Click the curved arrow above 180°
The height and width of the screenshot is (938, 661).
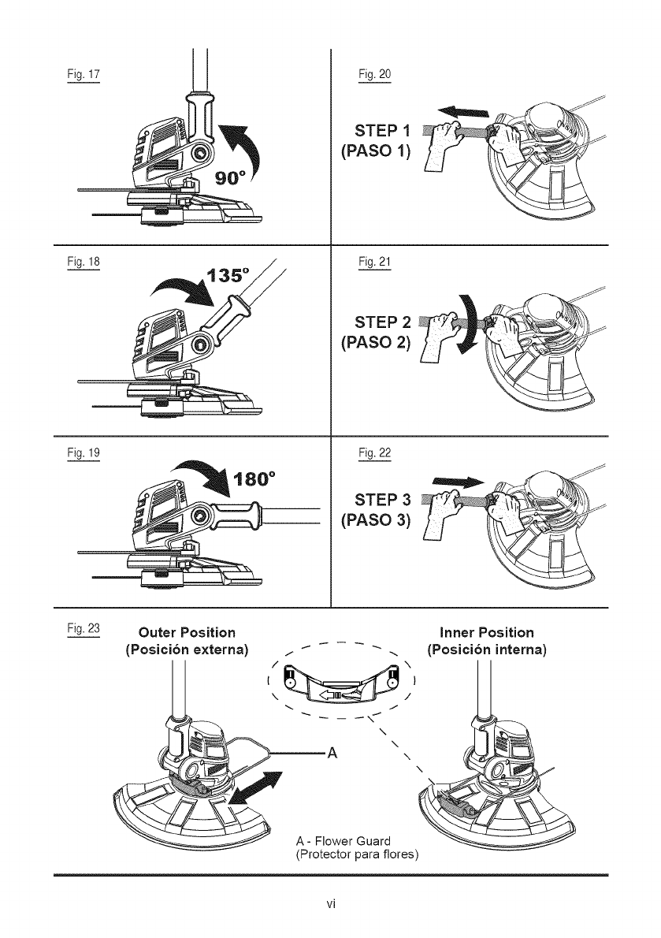pos(206,473)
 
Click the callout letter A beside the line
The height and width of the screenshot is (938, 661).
pos(332,750)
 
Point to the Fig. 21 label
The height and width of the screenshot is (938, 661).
pos(369,261)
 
